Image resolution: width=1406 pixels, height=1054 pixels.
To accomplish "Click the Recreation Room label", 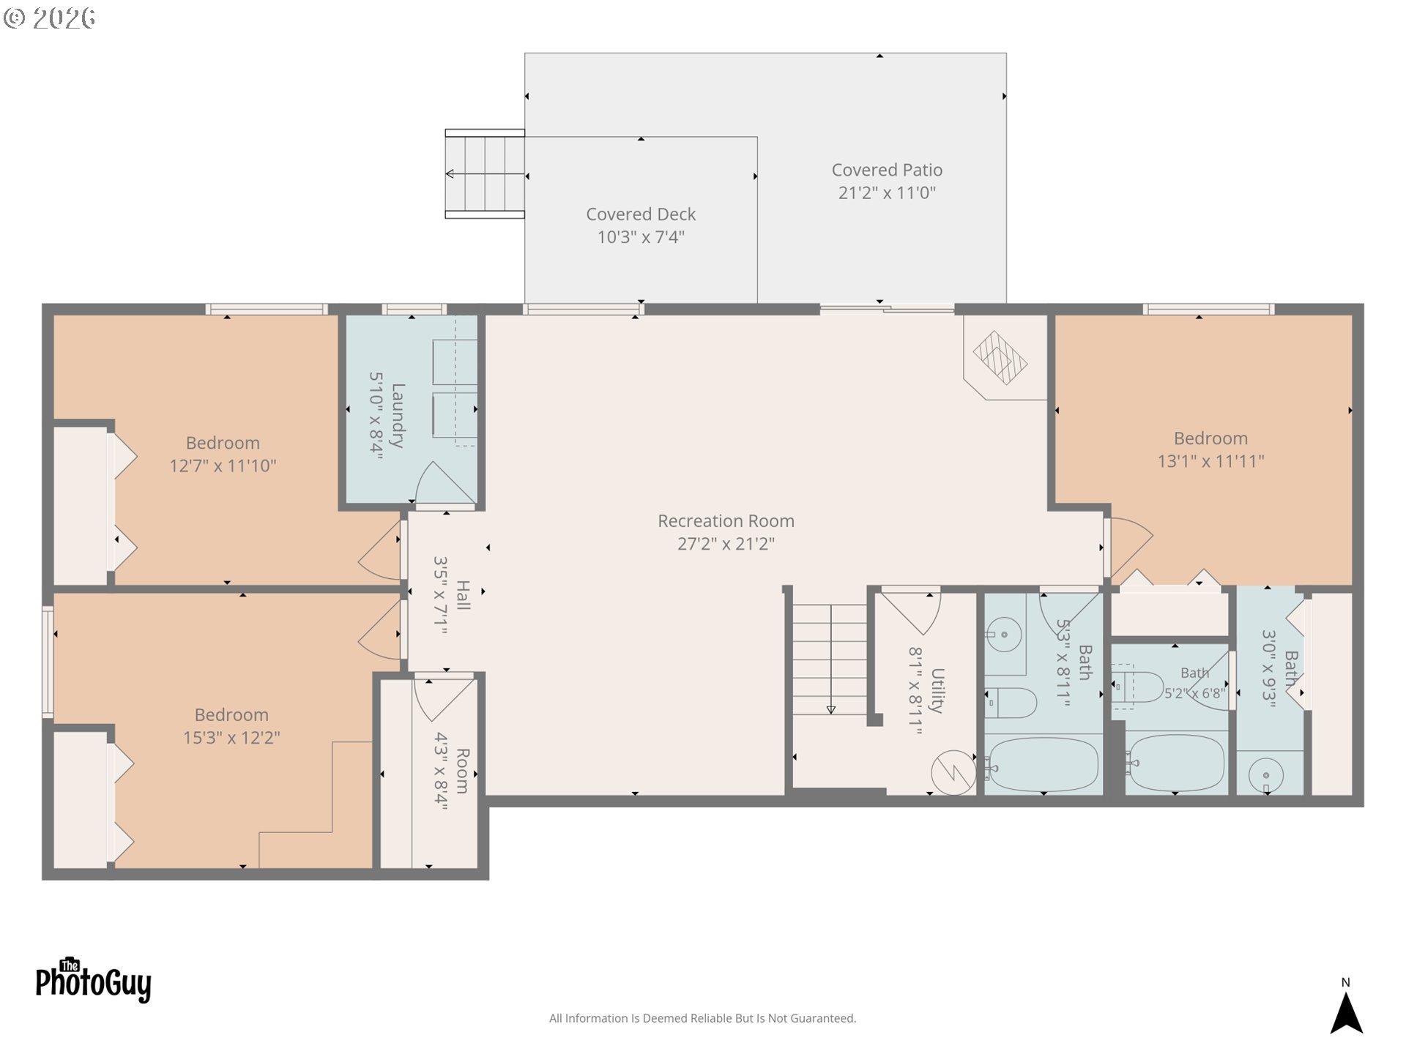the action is (726, 521).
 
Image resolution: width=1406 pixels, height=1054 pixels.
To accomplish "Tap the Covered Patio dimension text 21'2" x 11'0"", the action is (887, 193).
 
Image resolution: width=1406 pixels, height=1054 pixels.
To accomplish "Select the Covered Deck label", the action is (641, 214).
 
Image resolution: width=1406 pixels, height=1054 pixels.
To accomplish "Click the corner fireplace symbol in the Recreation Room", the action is (1000, 358).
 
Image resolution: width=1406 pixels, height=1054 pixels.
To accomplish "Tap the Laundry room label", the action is (398, 416).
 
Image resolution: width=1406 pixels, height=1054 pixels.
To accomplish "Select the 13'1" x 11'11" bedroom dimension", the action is (1210, 461).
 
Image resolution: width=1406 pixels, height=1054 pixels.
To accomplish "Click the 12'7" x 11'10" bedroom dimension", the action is (223, 466).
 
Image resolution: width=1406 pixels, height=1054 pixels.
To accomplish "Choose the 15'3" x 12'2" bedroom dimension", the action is (231, 738).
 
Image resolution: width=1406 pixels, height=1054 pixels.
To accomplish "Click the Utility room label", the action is (937, 690).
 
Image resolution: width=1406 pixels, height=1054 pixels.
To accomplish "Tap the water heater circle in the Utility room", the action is (953, 772).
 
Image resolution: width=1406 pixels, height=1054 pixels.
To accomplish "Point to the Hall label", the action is (463, 595).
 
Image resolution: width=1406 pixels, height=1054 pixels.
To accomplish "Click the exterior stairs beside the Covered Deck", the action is (485, 174).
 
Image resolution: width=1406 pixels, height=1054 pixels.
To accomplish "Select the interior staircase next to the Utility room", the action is (830, 659).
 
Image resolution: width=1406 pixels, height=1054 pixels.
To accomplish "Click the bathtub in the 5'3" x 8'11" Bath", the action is (1042, 764).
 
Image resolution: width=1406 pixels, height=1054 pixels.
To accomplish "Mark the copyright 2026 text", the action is (49, 18).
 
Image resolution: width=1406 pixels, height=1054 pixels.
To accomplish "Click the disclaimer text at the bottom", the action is (702, 1018).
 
